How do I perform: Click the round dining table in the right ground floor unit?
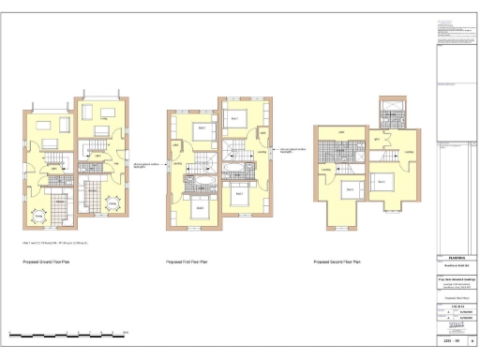click(x=112, y=202)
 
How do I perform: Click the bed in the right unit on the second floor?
click(x=382, y=181)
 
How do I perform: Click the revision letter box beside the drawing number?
click(x=472, y=343)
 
